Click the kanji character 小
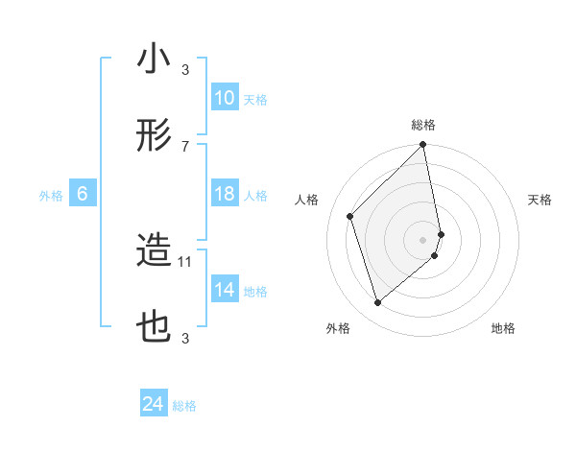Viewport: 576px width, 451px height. pyautogui.click(x=154, y=59)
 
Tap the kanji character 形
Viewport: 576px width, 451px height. pyautogui.click(x=154, y=137)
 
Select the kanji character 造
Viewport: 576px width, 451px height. pyautogui.click(x=154, y=251)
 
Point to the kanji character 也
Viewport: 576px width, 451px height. pyautogui.click(x=154, y=328)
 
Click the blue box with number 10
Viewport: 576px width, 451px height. pyautogui.click(x=225, y=98)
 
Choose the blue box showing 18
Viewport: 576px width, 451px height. pyautogui.click(x=225, y=194)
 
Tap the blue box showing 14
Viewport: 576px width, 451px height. pyautogui.click(x=225, y=290)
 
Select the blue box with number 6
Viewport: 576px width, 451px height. pyautogui.click(x=83, y=194)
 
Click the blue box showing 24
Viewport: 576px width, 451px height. pyautogui.click(x=154, y=405)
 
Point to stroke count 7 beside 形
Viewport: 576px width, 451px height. pyautogui.click(x=185, y=146)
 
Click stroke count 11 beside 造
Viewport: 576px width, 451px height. pyautogui.click(x=185, y=260)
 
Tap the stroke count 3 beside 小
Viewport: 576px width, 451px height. pyautogui.click(x=185, y=69)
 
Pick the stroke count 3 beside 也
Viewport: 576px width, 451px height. pyautogui.click(x=185, y=338)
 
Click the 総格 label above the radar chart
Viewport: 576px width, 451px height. pyautogui.click(x=423, y=125)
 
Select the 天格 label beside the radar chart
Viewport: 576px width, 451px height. pyautogui.click(x=540, y=200)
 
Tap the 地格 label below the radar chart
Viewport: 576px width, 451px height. pyautogui.click(x=503, y=328)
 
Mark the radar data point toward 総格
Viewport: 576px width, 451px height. pyautogui.click(x=423, y=146)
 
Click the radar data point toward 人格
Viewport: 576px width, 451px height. pyautogui.click(x=350, y=216)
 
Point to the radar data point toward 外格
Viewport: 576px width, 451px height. pyautogui.click(x=377, y=303)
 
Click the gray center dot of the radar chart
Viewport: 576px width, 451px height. pyautogui.click(x=423, y=239)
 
